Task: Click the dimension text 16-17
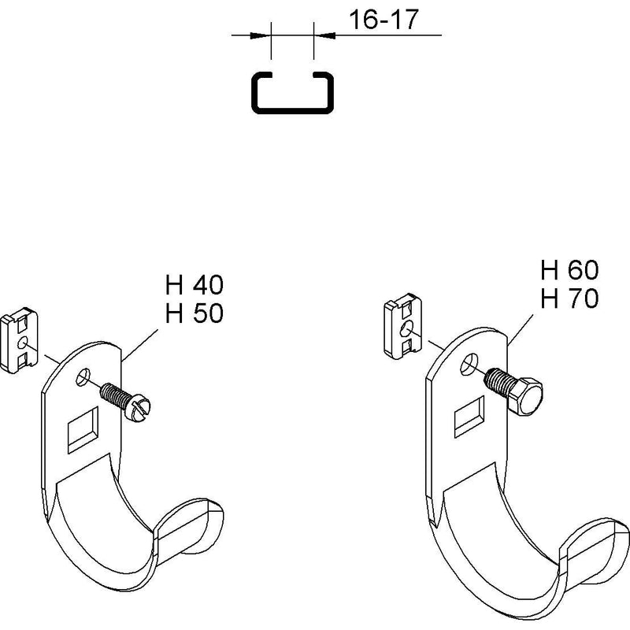[384, 20]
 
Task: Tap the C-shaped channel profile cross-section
[292, 109]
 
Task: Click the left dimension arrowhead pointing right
[258, 35]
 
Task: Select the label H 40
[195, 285]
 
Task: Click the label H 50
[195, 313]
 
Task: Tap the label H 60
[569, 269]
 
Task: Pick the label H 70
[569, 298]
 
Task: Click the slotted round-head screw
[125, 402]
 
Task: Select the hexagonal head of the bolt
[525, 397]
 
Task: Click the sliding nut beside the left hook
[19, 340]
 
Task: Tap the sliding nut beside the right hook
[403, 325]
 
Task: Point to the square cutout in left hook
[83, 430]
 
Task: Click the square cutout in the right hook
[469, 417]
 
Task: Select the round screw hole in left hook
[83, 376]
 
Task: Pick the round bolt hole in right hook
[469, 364]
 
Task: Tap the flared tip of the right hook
[595, 550]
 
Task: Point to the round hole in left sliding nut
[22, 343]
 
